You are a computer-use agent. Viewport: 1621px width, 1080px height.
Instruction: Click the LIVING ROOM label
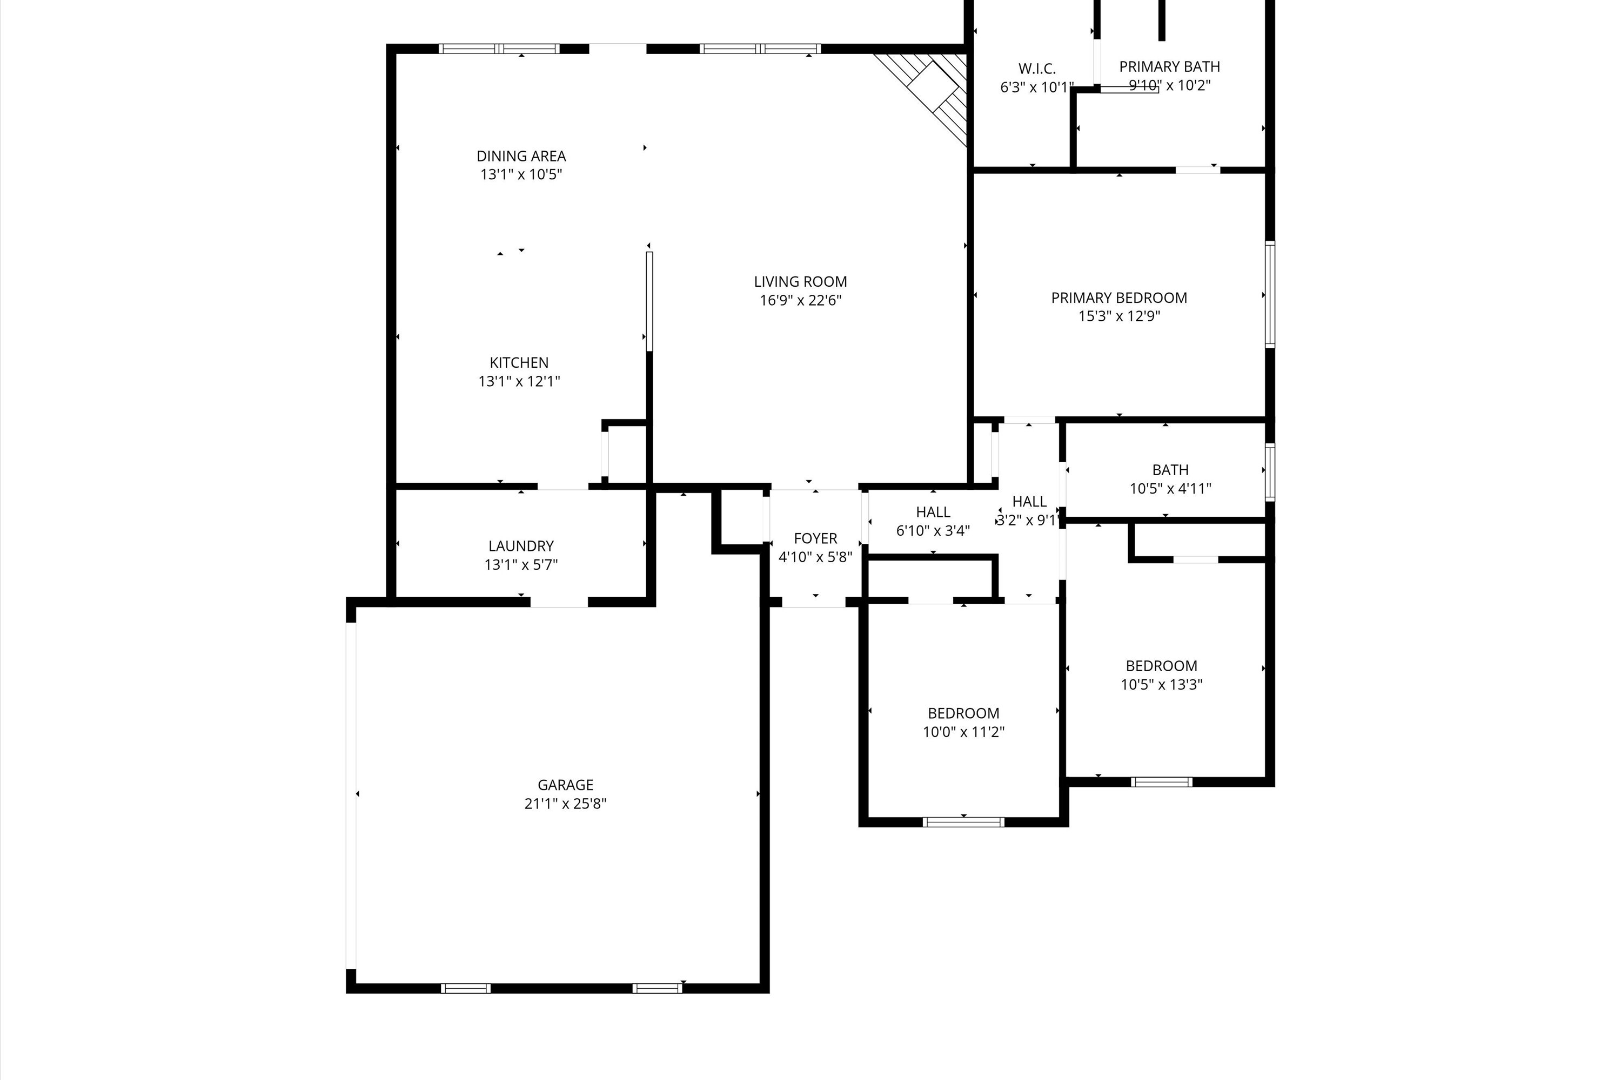[800, 282]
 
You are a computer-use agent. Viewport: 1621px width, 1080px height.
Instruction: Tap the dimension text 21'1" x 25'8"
[565, 803]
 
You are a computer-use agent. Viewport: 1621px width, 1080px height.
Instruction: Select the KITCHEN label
[519, 362]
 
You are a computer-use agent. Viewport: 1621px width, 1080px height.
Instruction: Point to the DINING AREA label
[521, 157]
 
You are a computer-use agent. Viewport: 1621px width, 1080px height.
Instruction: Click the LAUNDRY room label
[521, 546]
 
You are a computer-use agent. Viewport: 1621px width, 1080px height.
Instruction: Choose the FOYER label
[815, 538]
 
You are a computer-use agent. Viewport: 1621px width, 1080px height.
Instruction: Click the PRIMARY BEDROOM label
[1118, 298]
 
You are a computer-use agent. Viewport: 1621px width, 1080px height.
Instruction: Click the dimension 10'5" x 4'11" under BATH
[1170, 488]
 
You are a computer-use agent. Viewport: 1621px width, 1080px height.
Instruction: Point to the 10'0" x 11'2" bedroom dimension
[963, 732]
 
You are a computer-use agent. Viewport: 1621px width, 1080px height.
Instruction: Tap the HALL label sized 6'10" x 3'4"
[933, 512]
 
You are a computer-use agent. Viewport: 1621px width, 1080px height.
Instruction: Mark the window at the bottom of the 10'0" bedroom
[963, 822]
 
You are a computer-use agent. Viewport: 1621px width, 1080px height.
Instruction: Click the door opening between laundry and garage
[558, 602]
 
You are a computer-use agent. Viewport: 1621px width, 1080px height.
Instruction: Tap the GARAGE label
[565, 785]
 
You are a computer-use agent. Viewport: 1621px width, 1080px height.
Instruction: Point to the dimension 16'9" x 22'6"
[800, 300]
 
